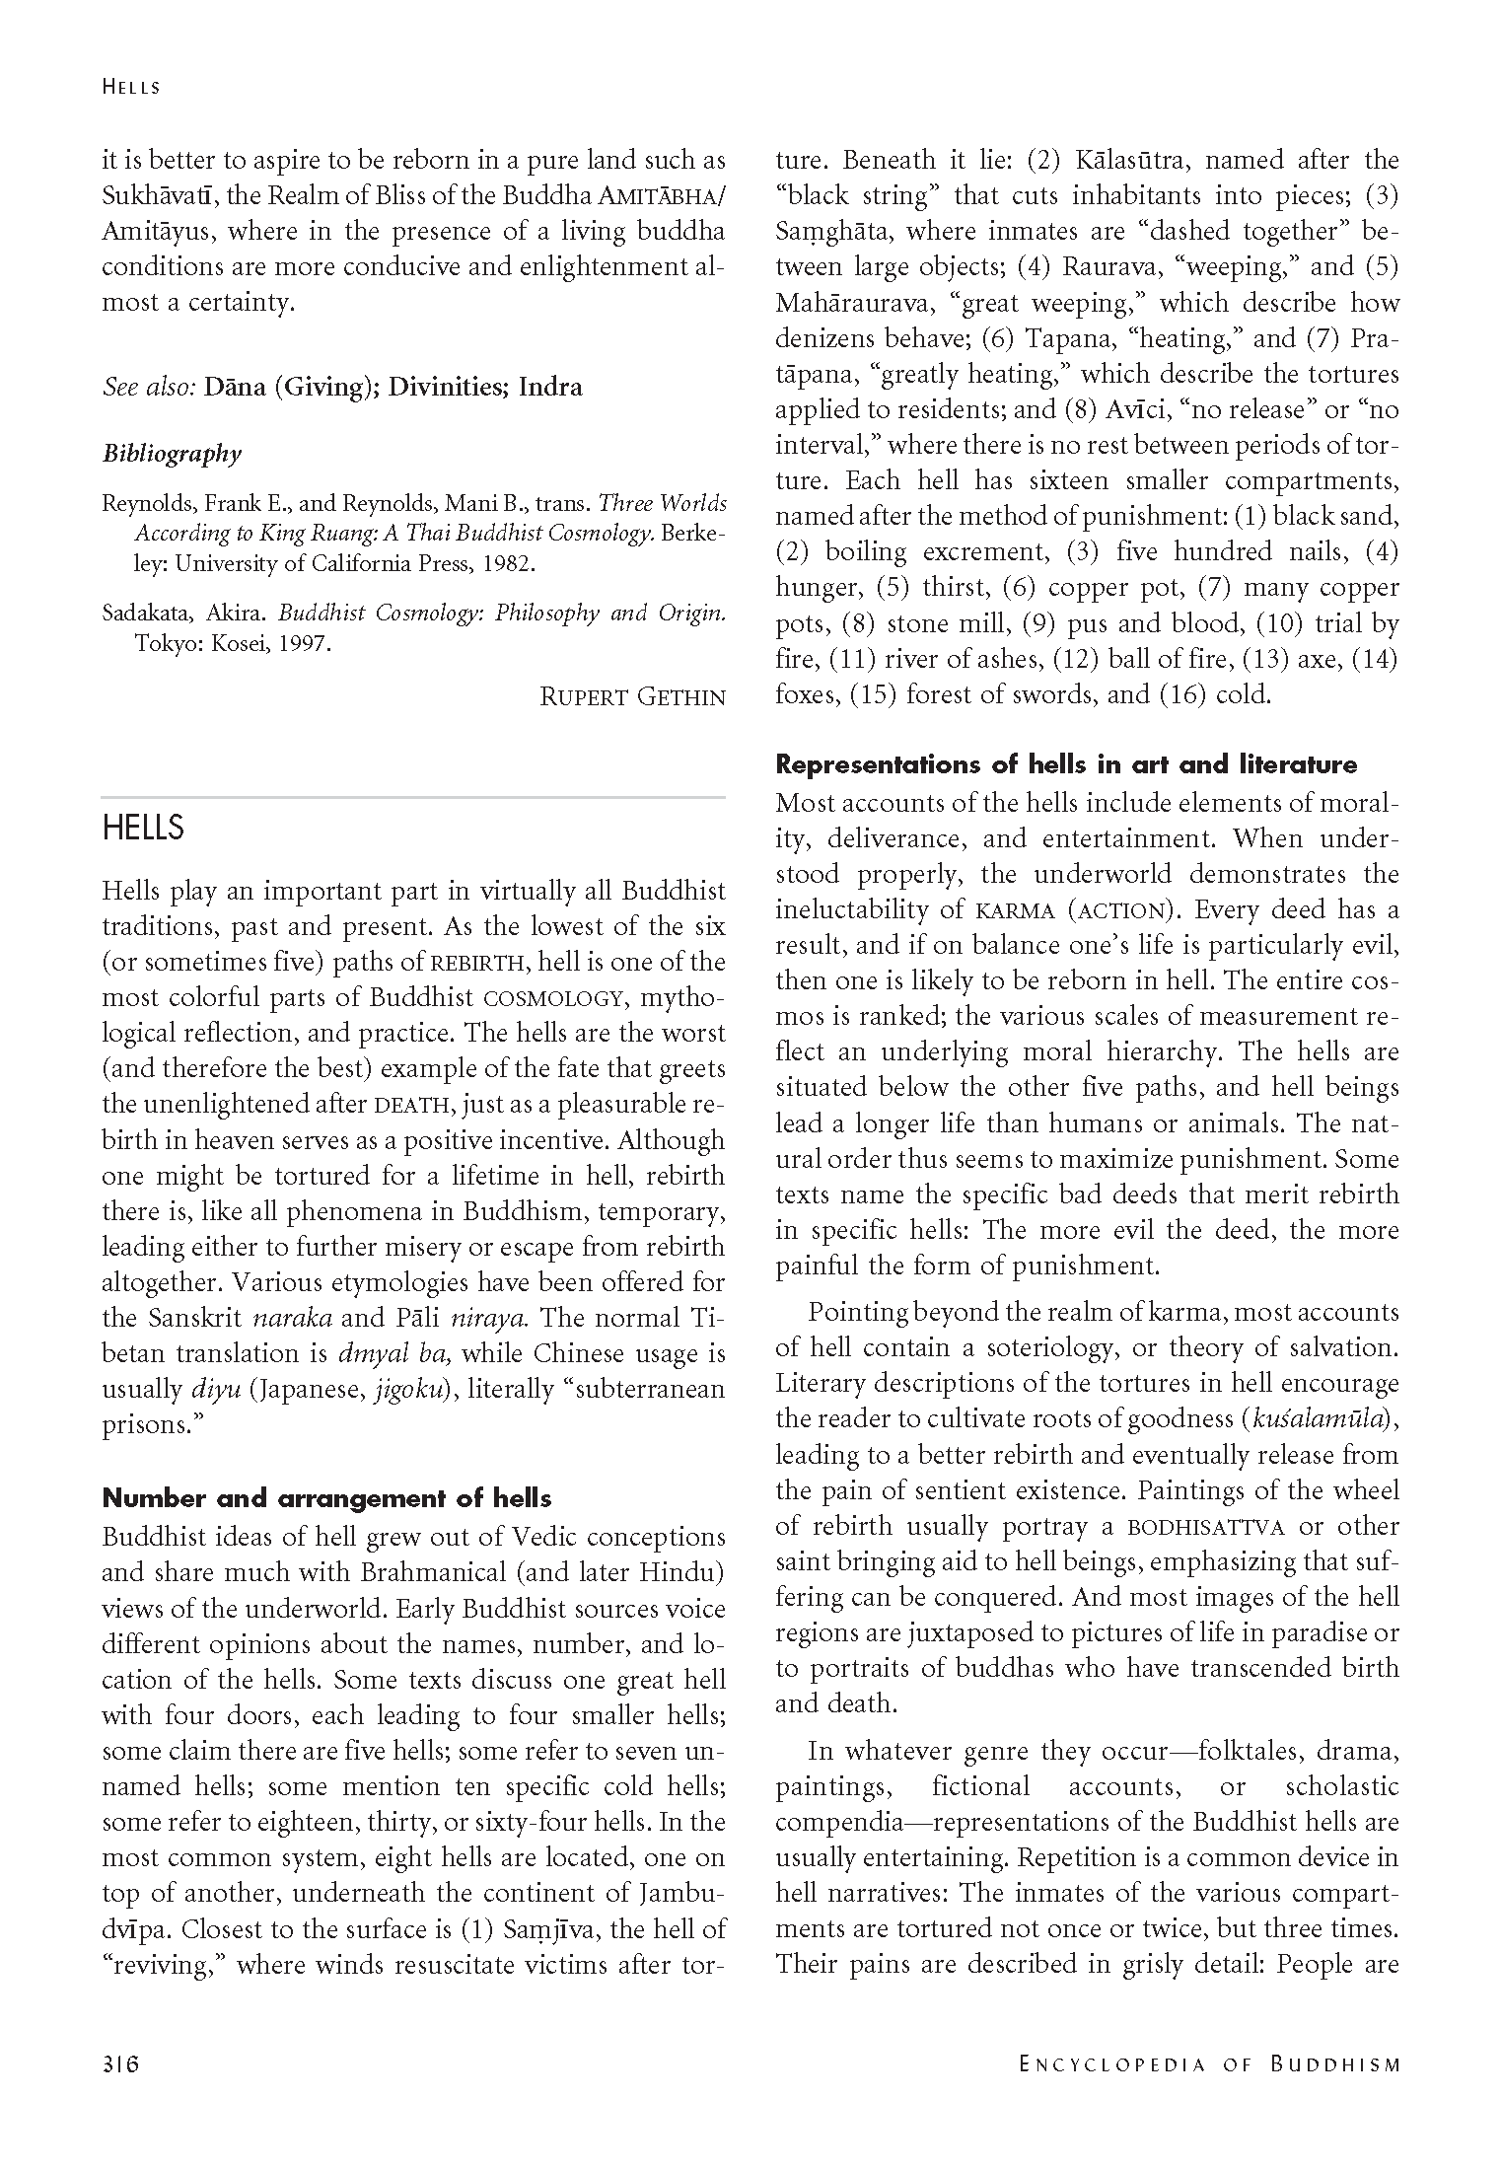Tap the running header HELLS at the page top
pos(130,87)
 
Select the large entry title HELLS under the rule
pos(143,828)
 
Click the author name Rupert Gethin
pos(632,696)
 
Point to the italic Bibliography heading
pos(172,454)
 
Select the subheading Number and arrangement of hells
pos(326,1498)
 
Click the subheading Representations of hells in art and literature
pos(1066,764)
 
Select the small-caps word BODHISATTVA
pos(1206,1527)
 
